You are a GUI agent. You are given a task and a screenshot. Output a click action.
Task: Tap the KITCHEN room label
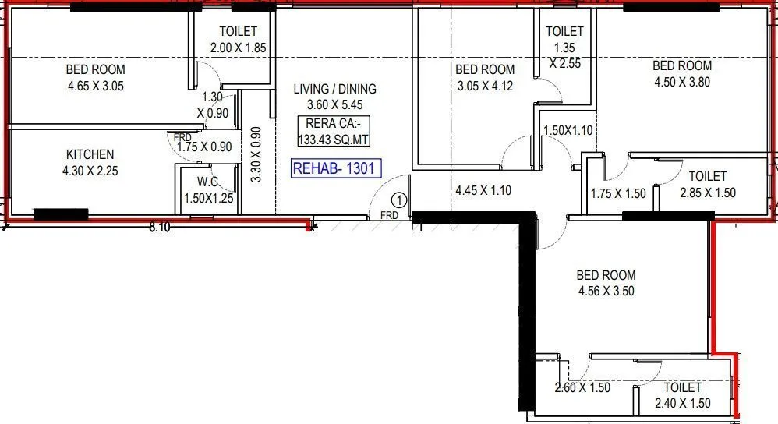point(90,154)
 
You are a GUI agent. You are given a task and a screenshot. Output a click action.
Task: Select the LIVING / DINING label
point(334,89)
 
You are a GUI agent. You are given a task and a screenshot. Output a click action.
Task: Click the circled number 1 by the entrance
point(399,200)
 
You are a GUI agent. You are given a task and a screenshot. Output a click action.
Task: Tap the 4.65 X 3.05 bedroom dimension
point(96,86)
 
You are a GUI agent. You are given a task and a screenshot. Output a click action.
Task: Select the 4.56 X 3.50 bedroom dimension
point(606,291)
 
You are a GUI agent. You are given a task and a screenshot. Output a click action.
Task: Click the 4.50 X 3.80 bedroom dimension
point(682,82)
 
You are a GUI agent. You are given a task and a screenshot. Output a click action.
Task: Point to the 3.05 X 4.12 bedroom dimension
point(485,87)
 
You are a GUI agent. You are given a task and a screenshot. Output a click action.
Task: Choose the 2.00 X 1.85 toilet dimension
point(239,48)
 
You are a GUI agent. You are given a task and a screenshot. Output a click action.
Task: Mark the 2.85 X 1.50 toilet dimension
point(707,193)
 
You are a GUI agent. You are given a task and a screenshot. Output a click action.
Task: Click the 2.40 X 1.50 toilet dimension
point(682,403)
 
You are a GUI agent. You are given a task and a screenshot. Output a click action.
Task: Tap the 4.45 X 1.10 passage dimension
point(483,190)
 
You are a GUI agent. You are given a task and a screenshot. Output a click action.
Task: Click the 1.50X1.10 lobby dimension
point(568,130)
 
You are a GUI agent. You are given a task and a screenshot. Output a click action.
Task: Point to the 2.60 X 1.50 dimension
point(582,387)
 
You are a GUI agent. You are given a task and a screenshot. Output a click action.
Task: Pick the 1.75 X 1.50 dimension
point(618,193)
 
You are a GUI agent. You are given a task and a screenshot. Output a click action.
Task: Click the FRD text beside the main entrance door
point(391,214)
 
